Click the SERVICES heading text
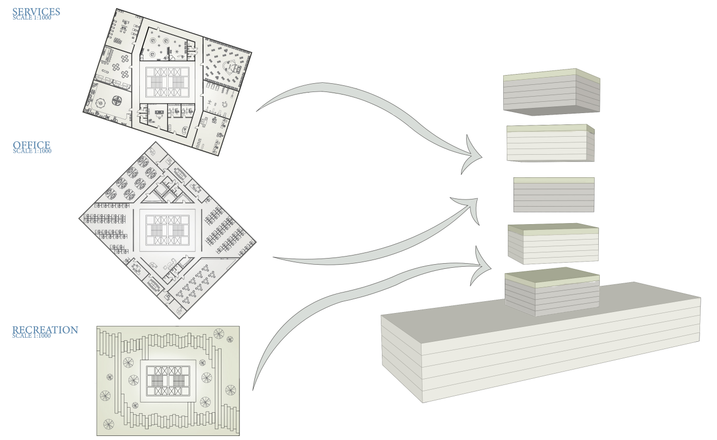[36, 11]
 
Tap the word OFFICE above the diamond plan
[31, 145]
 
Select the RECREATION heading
[45, 330]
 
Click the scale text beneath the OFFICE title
[32, 151]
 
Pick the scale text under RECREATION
[32, 336]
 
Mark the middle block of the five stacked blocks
[554, 195]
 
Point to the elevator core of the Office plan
[168, 229]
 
